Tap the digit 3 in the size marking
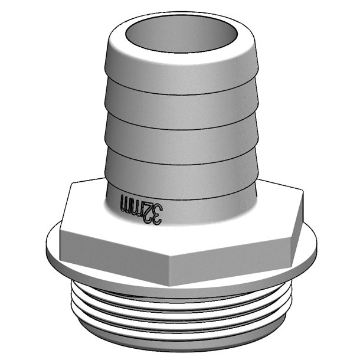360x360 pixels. tap(153, 213)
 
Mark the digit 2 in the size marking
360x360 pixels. tap(142, 210)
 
